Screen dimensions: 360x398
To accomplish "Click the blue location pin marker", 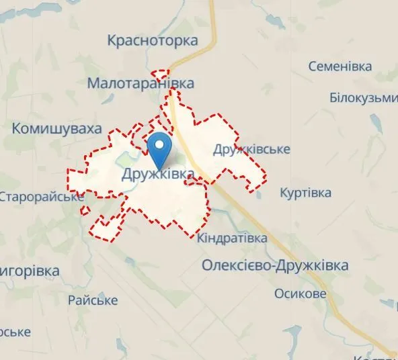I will click(x=159, y=149).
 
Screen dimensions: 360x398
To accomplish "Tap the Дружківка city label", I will click(x=159, y=175).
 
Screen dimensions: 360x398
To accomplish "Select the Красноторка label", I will click(x=153, y=41).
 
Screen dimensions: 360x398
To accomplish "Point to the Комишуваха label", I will click(x=57, y=128).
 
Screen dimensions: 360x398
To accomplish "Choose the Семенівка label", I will click(x=340, y=67).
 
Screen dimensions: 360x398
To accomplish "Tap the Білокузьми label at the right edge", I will click(x=364, y=98).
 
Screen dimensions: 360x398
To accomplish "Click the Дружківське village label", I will click(x=251, y=149).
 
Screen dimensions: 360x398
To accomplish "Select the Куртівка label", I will click(x=305, y=193).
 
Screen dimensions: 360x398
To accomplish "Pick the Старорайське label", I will click(x=42, y=197).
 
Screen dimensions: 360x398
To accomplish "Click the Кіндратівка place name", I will click(x=233, y=238).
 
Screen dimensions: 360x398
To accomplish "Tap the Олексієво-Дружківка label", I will click(x=275, y=266).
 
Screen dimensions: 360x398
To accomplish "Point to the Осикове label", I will click(x=301, y=294).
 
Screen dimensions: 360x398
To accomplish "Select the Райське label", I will click(x=93, y=300).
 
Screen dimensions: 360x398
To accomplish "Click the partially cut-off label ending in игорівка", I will click(x=30, y=271).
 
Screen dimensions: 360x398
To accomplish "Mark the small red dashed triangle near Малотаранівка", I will click(x=161, y=74).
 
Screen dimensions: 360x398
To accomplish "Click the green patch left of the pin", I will click(x=127, y=160).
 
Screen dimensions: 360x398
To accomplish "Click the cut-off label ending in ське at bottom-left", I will click(x=15, y=332).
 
